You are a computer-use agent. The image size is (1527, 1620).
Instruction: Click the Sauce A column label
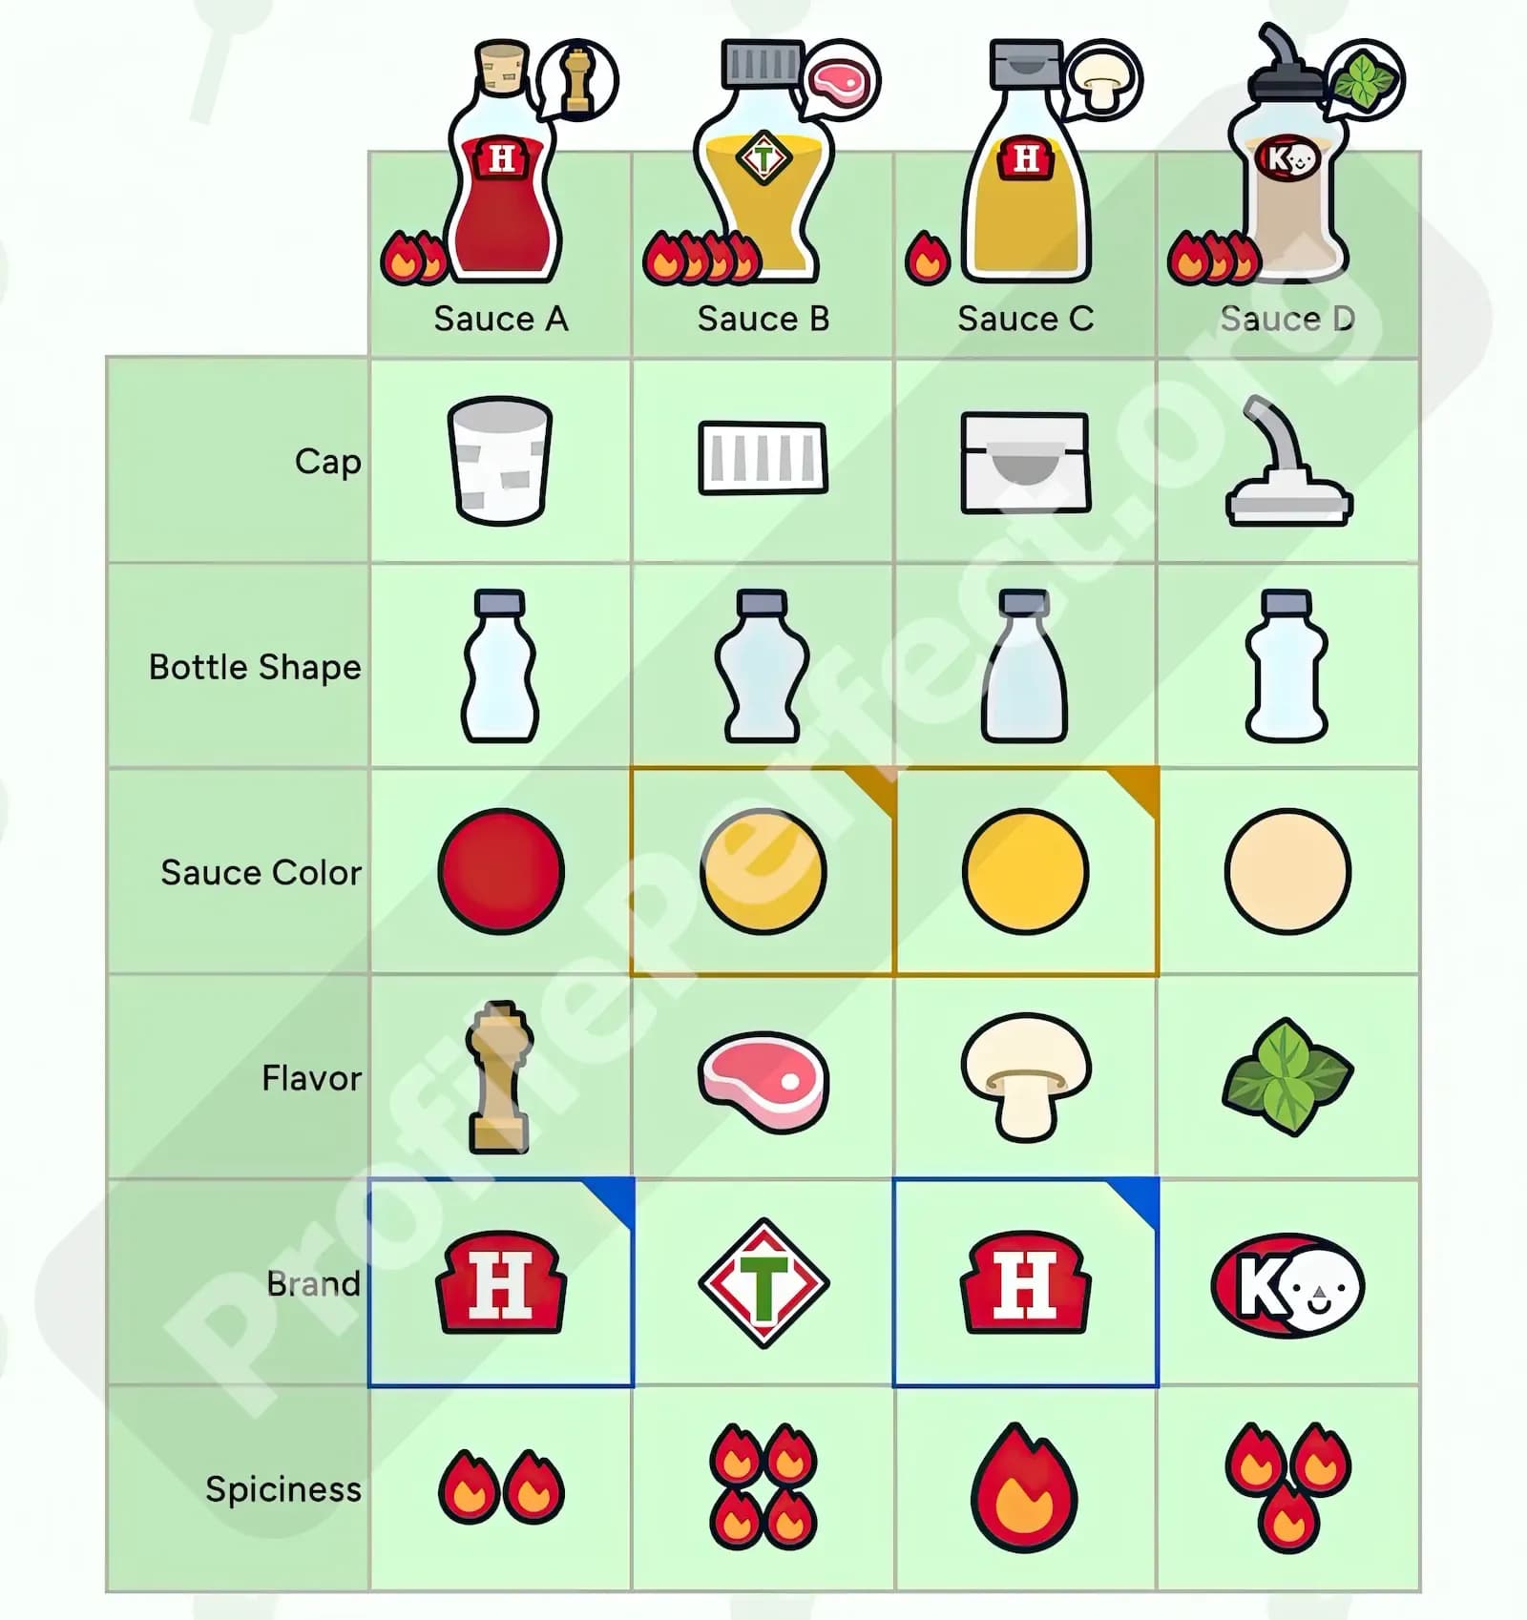point(501,319)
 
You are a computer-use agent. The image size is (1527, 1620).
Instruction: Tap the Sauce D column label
point(1287,319)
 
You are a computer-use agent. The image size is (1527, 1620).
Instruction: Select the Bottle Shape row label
point(255,667)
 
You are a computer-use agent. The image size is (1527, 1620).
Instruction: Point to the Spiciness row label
point(283,1489)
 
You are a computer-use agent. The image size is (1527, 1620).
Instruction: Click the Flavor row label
point(312,1078)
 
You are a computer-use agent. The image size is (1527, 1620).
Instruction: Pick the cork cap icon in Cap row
point(500,461)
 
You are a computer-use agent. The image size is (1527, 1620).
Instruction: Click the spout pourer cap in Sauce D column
point(1288,461)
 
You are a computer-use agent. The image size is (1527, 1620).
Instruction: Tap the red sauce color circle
point(501,871)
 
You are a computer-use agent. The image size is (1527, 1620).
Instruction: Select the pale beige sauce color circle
point(1288,871)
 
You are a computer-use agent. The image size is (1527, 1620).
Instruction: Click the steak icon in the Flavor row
point(763,1081)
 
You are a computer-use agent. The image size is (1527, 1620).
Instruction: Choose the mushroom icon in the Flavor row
point(1026,1077)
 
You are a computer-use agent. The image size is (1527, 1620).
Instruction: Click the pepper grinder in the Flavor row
point(500,1076)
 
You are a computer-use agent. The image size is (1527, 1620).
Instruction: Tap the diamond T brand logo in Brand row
point(763,1283)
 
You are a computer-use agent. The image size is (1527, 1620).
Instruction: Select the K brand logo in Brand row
point(1287,1284)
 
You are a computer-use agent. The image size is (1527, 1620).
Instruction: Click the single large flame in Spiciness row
point(1025,1488)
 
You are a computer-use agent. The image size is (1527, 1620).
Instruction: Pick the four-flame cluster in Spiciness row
point(763,1487)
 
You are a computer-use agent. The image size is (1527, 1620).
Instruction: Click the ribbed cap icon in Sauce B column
point(763,458)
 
